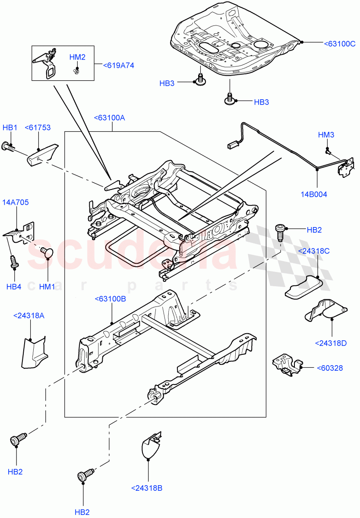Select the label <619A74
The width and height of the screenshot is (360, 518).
(118, 66)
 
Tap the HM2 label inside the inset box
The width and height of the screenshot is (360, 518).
(78, 57)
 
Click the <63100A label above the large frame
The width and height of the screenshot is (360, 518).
(112, 117)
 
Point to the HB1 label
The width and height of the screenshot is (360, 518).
(10, 127)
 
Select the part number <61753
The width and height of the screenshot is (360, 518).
(38, 127)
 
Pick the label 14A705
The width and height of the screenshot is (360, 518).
(16, 202)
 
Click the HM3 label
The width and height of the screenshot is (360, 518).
(326, 135)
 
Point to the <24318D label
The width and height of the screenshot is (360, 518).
(331, 344)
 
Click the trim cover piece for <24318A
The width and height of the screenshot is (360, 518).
(33, 352)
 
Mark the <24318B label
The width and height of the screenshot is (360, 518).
(147, 488)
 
